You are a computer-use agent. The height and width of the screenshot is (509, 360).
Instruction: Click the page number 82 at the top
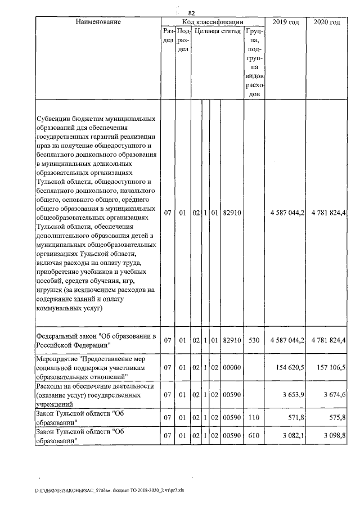coord(191,12)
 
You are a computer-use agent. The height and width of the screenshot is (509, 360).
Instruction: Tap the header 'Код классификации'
coord(212,22)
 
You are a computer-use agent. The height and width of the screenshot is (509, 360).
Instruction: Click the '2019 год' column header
coord(285,22)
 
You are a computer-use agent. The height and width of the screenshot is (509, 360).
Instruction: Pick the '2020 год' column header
coord(327,22)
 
